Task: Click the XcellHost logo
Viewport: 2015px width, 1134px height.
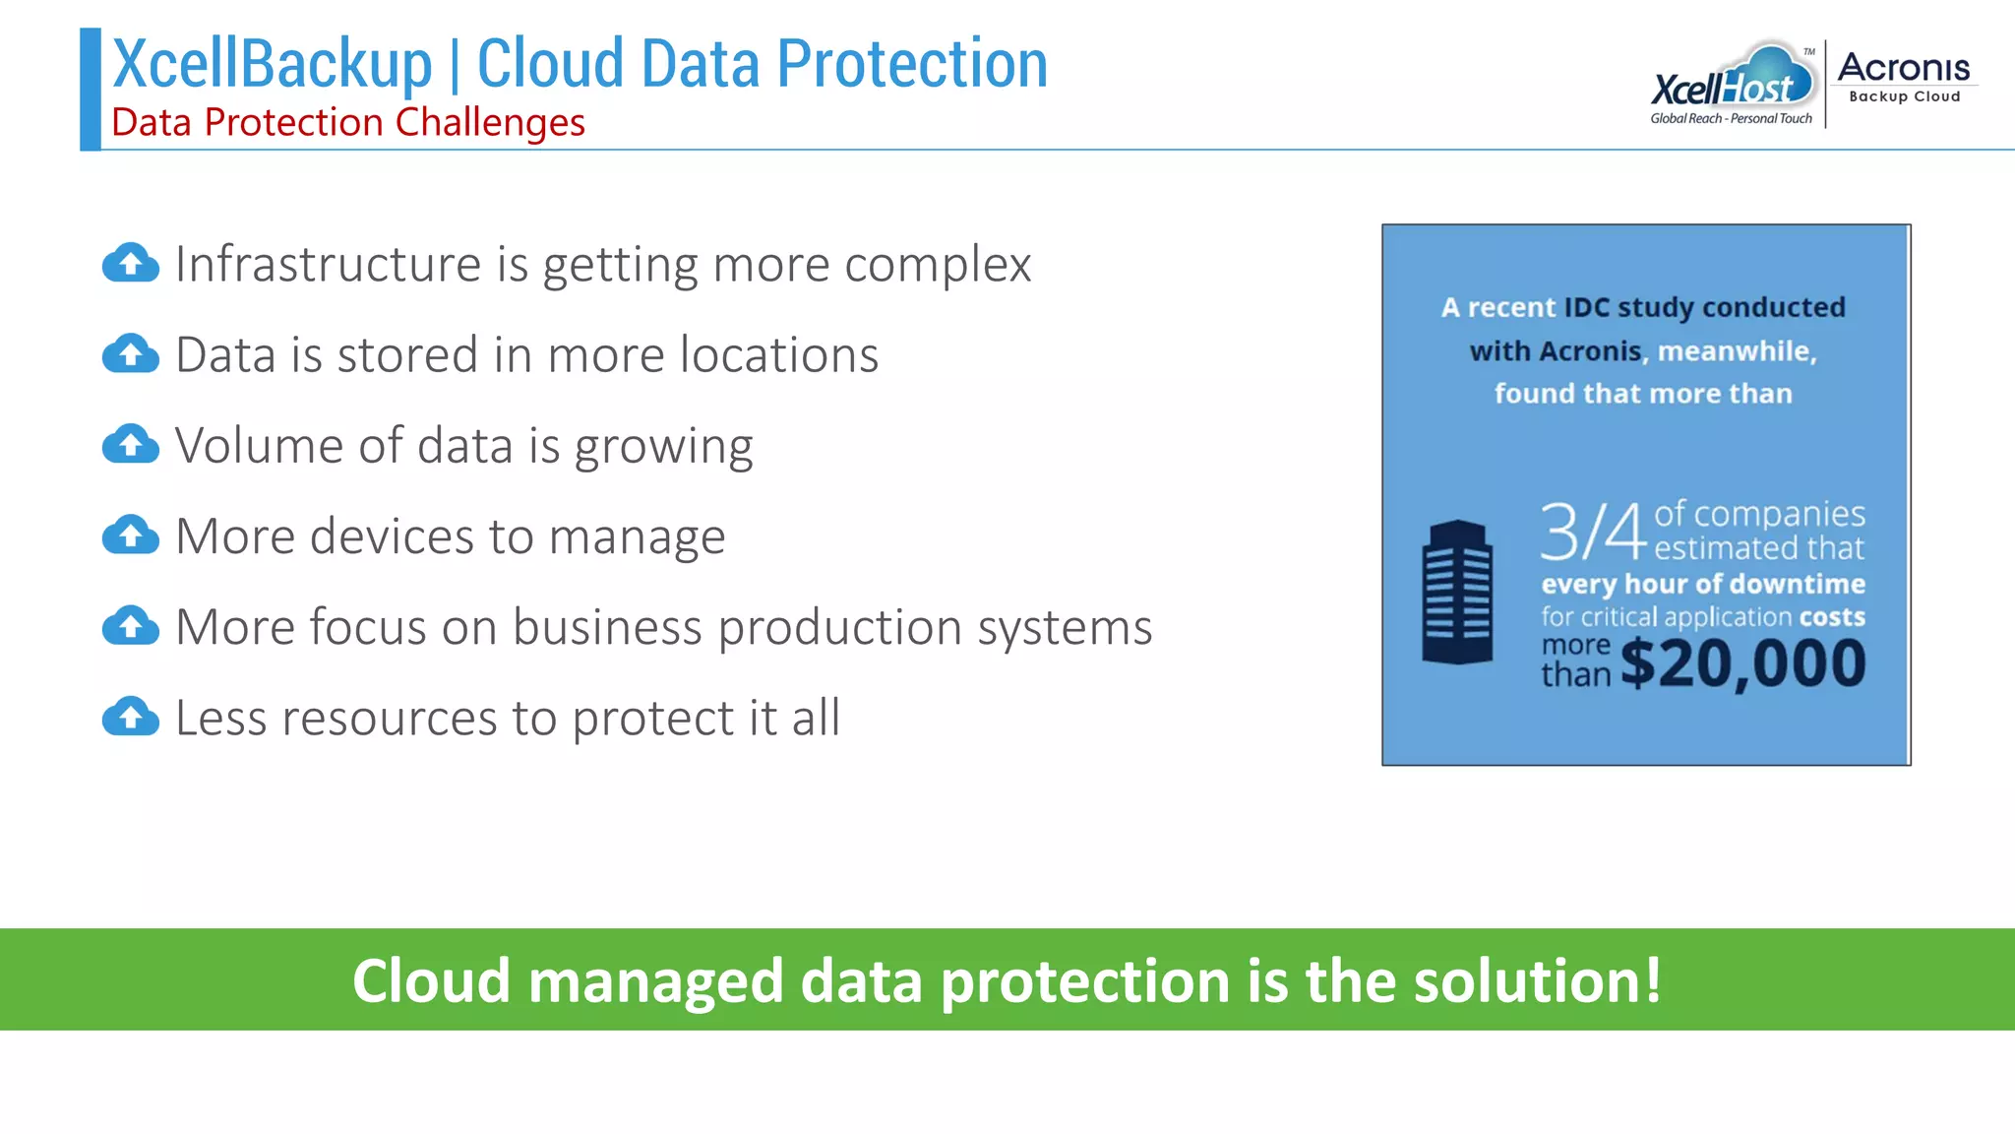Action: tap(1732, 84)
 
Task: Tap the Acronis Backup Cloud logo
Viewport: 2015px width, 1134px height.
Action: tap(1904, 77)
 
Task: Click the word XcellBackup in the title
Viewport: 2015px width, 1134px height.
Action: tap(273, 64)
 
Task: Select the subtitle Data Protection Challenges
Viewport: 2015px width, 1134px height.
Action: tap(348, 123)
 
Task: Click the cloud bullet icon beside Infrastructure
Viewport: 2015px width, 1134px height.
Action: tap(131, 263)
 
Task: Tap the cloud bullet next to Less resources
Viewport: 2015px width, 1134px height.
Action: tap(131, 717)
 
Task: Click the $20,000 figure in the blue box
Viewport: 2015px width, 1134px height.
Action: tap(1742, 663)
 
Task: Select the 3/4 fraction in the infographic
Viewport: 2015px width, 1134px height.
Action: tap(1593, 532)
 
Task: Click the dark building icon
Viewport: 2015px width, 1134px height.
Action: tap(1457, 593)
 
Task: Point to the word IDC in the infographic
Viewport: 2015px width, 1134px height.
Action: tap(1586, 307)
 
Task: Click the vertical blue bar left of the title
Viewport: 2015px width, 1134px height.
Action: tap(91, 89)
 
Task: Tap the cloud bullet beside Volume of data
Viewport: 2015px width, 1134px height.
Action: tap(131, 445)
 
